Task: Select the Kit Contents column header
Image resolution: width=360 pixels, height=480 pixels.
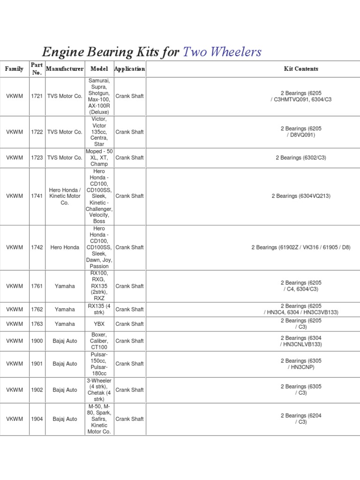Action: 301,69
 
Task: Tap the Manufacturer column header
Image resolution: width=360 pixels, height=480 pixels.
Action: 65,69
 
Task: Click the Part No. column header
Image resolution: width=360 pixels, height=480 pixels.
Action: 37,69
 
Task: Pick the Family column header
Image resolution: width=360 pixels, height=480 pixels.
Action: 14,69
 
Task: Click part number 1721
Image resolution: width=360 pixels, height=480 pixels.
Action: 37,96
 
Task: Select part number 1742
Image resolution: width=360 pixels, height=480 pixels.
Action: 37,247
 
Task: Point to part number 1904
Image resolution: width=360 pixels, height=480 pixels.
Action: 37,419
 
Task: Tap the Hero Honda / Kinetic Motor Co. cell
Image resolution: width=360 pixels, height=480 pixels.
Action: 65,196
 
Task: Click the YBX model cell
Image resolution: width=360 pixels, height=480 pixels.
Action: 99,324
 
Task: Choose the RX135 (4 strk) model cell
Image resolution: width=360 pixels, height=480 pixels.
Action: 99,309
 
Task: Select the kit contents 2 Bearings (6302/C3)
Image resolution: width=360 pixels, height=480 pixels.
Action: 301,158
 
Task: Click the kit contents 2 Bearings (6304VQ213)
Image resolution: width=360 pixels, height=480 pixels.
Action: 301,196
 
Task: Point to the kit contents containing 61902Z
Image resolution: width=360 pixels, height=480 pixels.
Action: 301,247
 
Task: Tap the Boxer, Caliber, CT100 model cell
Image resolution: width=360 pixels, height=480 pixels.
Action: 99,341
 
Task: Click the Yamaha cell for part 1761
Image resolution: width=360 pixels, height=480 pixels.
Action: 65,286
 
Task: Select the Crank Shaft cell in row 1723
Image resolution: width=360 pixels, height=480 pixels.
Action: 129,158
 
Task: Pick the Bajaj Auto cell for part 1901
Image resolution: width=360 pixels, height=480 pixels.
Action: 65,364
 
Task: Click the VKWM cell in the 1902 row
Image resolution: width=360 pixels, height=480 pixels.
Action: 14,390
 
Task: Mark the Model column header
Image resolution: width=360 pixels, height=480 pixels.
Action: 99,69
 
